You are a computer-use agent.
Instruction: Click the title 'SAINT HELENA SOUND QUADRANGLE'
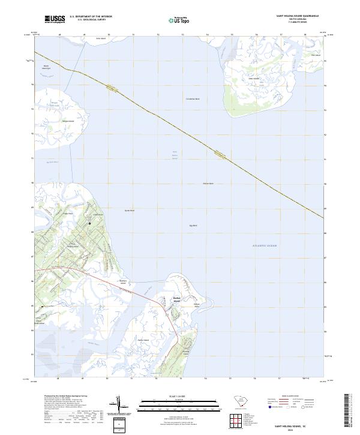(298, 16)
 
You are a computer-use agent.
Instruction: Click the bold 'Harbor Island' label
(161, 299)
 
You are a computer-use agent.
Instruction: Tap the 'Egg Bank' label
(193, 225)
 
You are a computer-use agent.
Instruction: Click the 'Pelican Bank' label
(208, 183)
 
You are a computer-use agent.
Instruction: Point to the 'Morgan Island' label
(68, 121)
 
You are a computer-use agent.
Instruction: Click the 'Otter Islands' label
(253, 79)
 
